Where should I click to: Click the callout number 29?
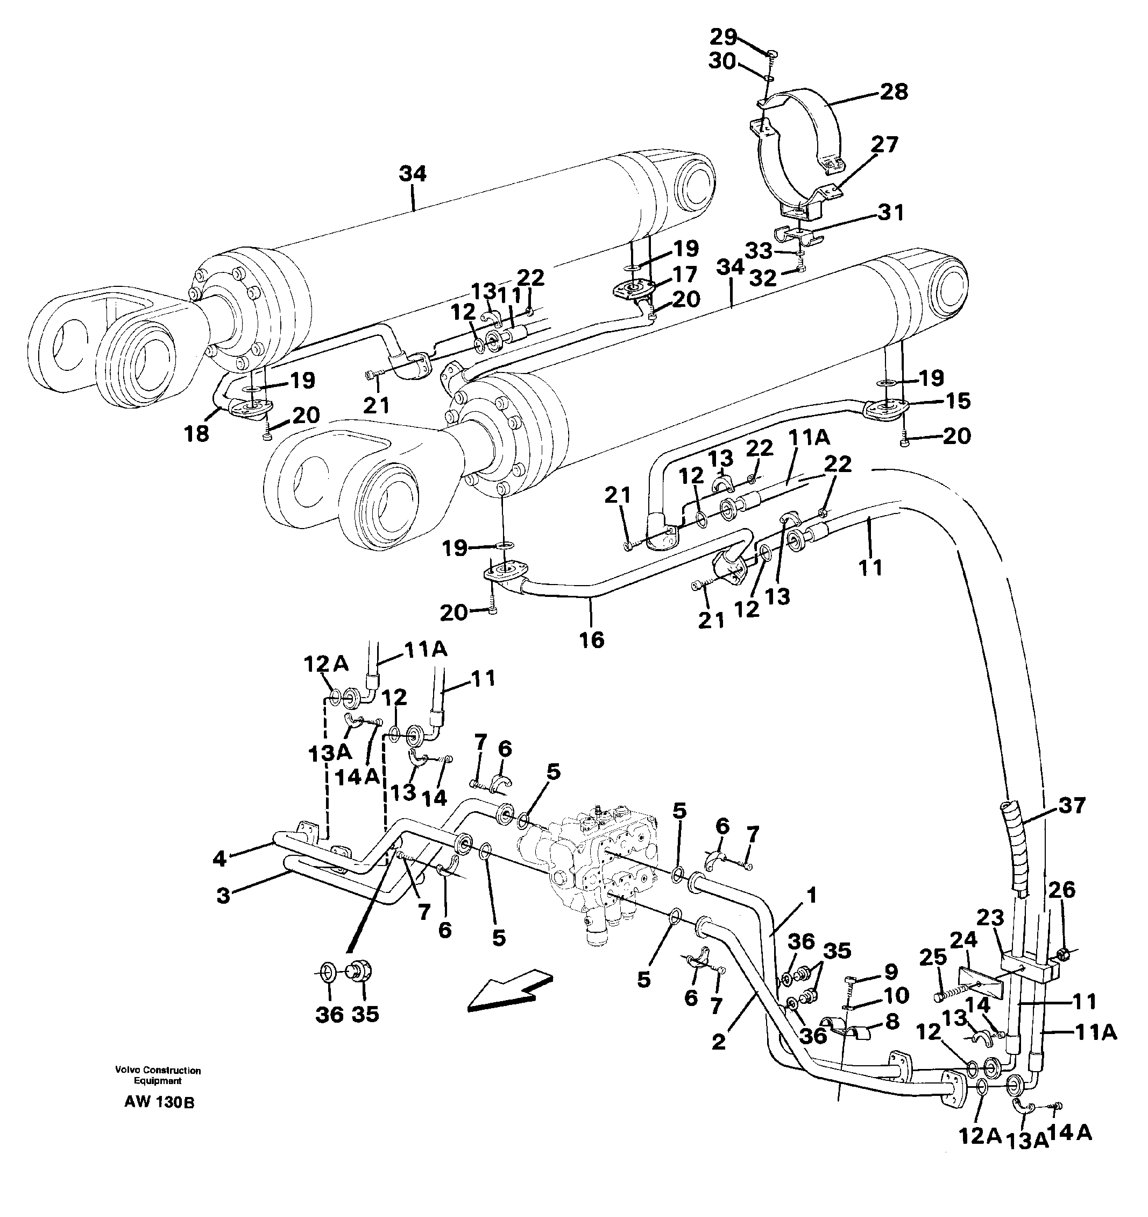coord(724,37)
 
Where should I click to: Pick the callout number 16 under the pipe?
coord(592,641)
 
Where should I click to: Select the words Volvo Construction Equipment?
coord(158,1093)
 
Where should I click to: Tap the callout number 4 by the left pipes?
coord(219,859)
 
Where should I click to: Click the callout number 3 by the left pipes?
coord(223,896)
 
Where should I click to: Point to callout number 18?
coord(196,433)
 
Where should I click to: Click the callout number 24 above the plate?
coord(965,939)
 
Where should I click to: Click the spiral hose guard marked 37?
coord(1018,851)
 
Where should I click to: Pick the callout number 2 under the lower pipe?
coord(718,1042)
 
